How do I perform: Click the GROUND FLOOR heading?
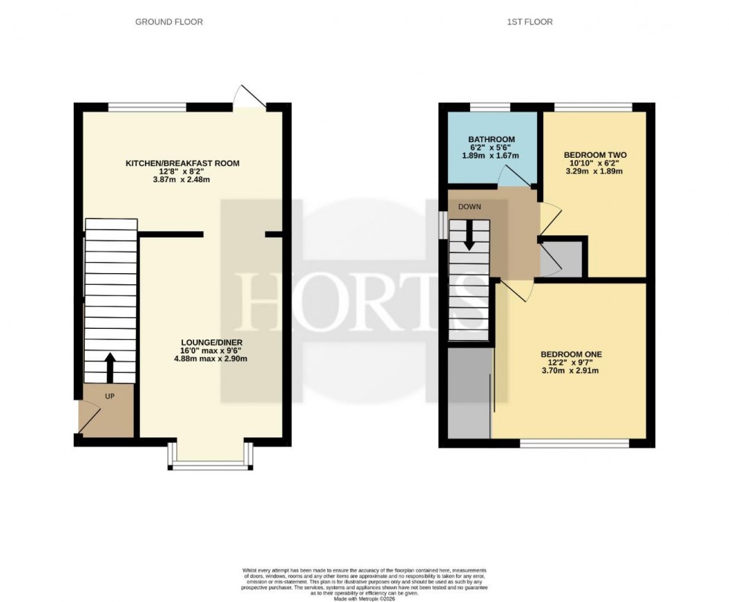point(169,22)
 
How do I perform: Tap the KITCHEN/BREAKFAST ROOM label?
point(182,163)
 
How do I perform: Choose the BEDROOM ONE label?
point(571,354)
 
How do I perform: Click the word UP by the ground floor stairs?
point(109,396)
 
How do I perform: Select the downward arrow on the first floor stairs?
point(469,237)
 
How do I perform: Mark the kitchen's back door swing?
point(248,97)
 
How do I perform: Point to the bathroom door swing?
point(513,176)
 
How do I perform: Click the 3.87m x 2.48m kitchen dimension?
point(182,179)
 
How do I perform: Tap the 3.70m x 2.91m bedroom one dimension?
point(571,370)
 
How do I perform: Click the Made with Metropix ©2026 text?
point(364,598)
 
